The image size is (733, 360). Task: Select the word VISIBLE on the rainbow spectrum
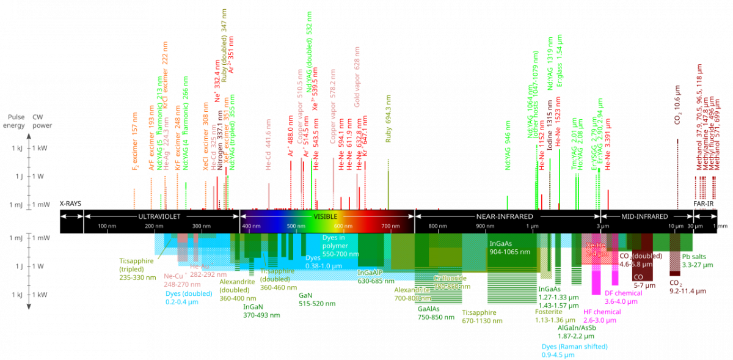[325, 216]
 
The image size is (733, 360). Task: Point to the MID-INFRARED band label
[644, 216]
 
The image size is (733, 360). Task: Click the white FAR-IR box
[704, 203]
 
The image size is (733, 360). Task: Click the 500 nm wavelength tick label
[296, 227]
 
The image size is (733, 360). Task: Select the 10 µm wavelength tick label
[675, 227]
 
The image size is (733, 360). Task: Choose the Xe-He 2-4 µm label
[596, 249]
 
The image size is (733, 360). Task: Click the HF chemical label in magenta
[602, 315]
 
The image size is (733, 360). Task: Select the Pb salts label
[694, 260]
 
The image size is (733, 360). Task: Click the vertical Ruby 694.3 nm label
[388, 119]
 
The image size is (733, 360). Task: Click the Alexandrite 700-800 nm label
[412, 293]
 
